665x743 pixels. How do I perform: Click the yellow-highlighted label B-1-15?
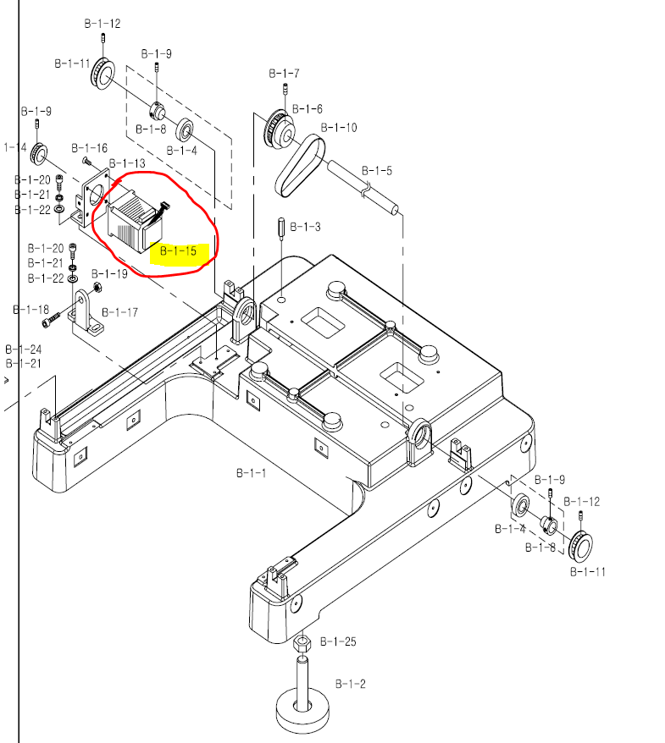tap(178, 251)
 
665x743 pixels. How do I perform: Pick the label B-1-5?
tap(376, 170)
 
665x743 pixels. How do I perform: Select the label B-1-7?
tap(284, 74)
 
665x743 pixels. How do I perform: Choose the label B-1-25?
tap(338, 642)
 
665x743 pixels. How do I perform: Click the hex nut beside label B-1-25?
tap(302, 645)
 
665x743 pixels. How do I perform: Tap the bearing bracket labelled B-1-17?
tap(88, 312)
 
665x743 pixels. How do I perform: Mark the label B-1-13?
tap(127, 163)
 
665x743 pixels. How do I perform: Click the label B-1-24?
tap(23, 349)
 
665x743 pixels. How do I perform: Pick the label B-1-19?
tap(109, 274)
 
